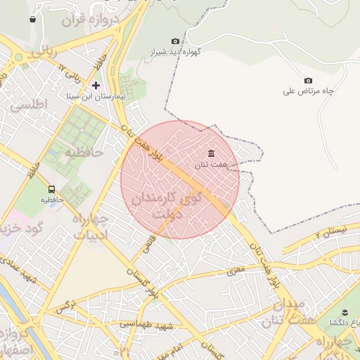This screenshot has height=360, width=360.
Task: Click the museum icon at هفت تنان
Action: (211, 153)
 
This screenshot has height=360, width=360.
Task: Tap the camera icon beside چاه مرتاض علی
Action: (308, 81)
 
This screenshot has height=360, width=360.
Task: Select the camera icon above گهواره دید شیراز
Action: (175, 41)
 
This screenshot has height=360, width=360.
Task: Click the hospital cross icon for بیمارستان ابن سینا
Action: (96, 84)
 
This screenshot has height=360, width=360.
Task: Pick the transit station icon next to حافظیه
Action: (51, 189)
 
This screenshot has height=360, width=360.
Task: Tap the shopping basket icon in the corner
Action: (33, 19)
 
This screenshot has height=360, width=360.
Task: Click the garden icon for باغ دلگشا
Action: (345, 312)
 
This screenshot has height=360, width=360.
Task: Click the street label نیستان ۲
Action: (331, 231)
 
